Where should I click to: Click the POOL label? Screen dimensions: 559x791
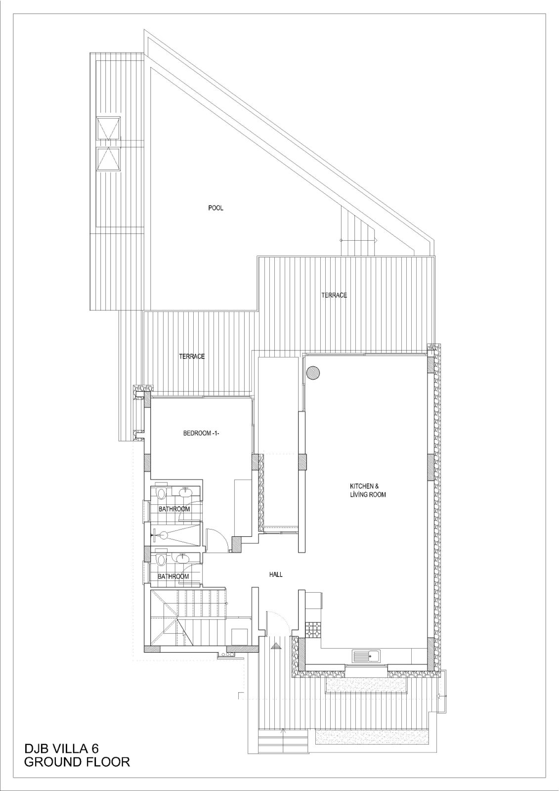tap(215, 208)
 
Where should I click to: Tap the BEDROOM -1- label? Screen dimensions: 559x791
tap(201, 433)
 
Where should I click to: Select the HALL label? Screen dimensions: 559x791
tap(276, 574)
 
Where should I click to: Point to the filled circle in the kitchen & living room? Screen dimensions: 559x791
tap(313, 373)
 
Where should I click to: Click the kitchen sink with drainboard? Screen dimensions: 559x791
tap(366, 656)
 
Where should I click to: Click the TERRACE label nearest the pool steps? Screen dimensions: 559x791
tap(334, 295)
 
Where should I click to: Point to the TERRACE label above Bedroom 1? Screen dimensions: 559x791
tap(192, 356)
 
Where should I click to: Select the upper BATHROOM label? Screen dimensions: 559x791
tap(174, 509)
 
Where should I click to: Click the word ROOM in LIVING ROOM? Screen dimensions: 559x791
tap(378, 495)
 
